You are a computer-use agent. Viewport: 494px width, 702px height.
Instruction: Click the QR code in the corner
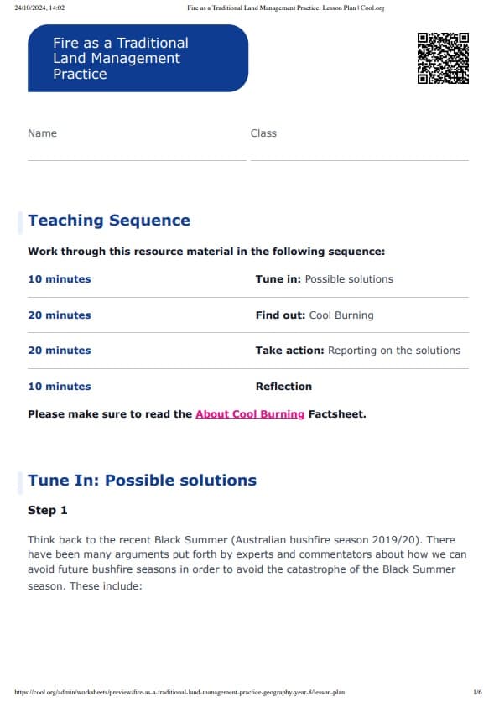[443, 58]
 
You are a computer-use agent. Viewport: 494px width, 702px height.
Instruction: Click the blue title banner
[138, 58]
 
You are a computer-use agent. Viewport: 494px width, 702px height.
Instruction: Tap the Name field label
[42, 133]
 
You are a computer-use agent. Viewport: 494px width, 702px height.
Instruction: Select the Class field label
[263, 133]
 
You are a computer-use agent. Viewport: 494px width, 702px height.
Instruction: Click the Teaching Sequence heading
[109, 221]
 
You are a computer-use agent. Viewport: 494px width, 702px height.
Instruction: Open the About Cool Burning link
[250, 414]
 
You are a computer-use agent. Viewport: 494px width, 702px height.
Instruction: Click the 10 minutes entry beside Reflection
[60, 387]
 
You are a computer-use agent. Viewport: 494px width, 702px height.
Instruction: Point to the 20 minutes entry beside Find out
[60, 315]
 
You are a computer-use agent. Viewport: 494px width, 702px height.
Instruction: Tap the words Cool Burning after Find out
[341, 315]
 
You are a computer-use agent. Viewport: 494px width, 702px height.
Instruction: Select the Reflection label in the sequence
[283, 387]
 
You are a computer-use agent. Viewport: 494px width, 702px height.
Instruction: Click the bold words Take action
[289, 351]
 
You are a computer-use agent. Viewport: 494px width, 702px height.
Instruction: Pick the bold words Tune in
[278, 279]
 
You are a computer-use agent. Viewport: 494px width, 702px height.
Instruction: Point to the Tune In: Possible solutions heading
[142, 481]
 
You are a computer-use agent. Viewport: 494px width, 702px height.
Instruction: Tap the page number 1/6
[477, 693]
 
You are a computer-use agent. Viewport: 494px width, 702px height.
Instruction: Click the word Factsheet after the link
[337, 414]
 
